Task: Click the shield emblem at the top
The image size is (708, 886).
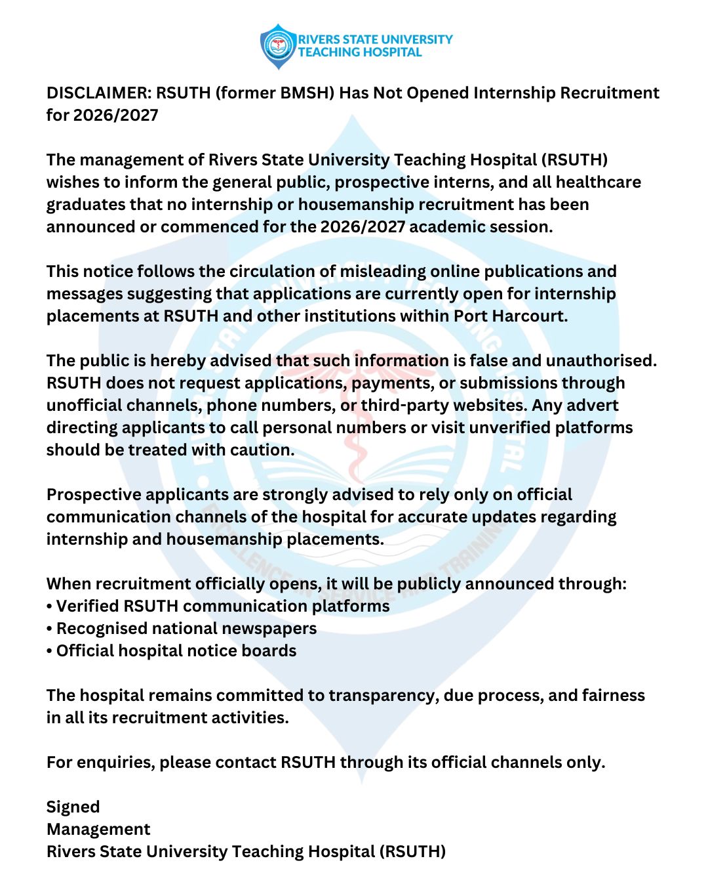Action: point(279,46)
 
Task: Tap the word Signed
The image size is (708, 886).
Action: point(73,807)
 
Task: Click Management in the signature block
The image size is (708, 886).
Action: point(98,830)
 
